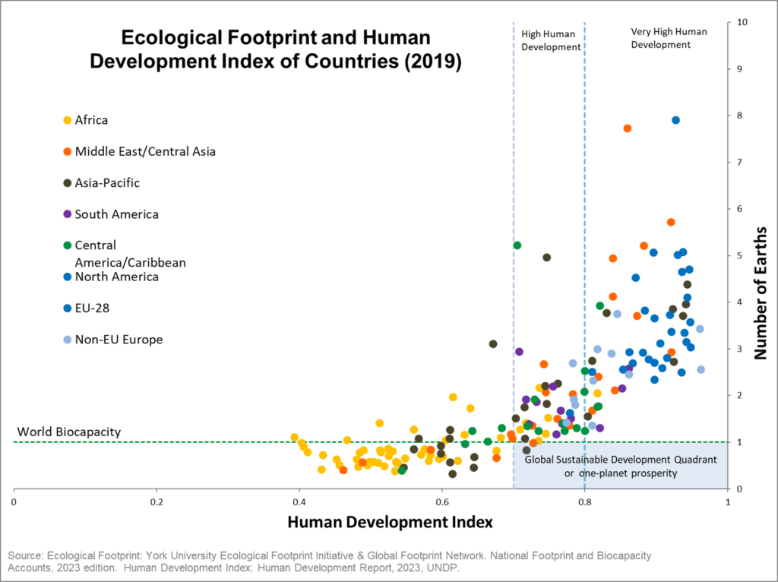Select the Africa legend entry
91,120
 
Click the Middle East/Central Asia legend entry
145,151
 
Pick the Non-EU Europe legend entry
119,340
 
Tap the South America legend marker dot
67,214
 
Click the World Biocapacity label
69,432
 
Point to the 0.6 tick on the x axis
442,502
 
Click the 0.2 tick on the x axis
157,502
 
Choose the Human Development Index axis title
391,522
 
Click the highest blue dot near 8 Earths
675,120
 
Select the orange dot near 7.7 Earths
628,128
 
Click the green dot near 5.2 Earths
517,245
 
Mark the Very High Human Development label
669,38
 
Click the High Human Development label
551,40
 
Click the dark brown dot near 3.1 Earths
493,343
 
